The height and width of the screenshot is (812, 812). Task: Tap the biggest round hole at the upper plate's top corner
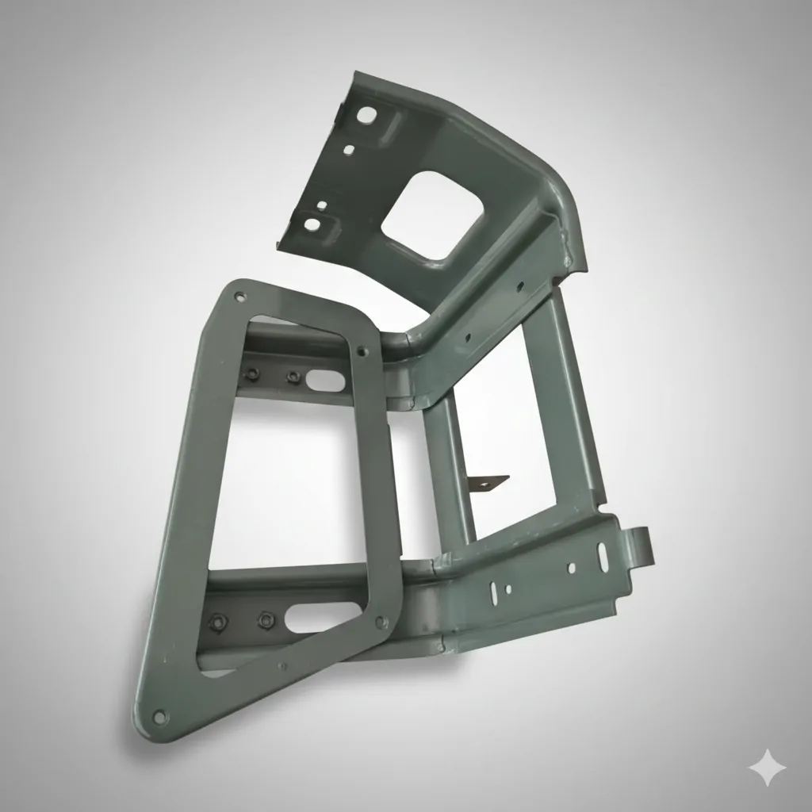[366, 116]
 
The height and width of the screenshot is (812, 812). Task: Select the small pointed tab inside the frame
[487, 480]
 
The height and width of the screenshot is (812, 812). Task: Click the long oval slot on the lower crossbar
[322, 617]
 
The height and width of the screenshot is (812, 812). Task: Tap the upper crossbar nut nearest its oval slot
[293, 376]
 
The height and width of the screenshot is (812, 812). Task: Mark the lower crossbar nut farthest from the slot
[216, 622]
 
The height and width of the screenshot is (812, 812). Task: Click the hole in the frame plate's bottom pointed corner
[159, 718]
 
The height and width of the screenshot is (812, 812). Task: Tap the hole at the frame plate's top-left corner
[239, 297]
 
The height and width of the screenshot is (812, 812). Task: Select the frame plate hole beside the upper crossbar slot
[362, 350]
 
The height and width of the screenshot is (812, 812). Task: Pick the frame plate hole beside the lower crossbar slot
[381, 622]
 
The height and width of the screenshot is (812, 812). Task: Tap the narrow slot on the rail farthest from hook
[496, 591]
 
